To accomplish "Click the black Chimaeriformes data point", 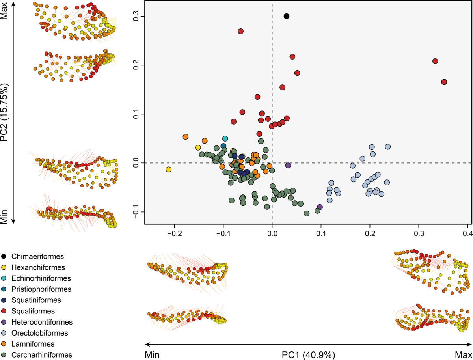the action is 287,16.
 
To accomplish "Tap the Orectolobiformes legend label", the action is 40,333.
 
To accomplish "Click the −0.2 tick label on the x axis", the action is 174,234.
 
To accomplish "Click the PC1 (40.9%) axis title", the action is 308,355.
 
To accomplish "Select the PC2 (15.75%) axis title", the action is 4,112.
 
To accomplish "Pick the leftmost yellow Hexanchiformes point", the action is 169,170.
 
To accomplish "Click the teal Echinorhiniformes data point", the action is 225,138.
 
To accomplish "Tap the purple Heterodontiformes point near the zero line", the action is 288,166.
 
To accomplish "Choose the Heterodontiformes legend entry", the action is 37,322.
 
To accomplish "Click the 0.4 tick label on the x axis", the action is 467,234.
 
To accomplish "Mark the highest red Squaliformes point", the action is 241,31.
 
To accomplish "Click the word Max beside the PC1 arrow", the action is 463,355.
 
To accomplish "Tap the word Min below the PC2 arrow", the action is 4,217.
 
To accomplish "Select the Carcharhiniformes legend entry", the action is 37,355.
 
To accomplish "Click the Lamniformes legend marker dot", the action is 4,344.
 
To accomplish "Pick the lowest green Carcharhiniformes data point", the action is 306,213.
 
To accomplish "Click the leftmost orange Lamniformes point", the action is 186,137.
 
